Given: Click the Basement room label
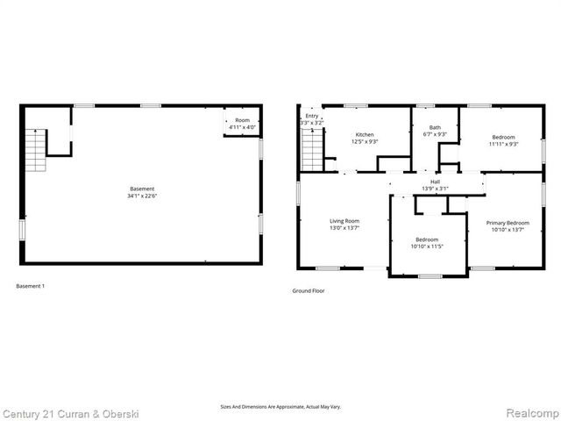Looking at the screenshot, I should click(142, 189).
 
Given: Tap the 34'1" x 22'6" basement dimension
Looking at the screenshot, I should click(142, 196).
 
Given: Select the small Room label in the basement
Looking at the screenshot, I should click(242, 120).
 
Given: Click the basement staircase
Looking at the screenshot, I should click(35, 149).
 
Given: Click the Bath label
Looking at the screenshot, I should click(435, 127).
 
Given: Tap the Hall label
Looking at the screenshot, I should click(435, 182).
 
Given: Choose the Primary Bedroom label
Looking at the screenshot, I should click(508, 223).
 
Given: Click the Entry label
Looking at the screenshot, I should click(311, 116).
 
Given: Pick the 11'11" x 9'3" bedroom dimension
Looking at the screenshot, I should click(504, 144).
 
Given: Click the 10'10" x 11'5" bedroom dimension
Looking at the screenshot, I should click(427, 246).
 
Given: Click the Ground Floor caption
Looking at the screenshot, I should click(309, 290).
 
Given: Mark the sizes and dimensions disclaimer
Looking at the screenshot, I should click(280, 406).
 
